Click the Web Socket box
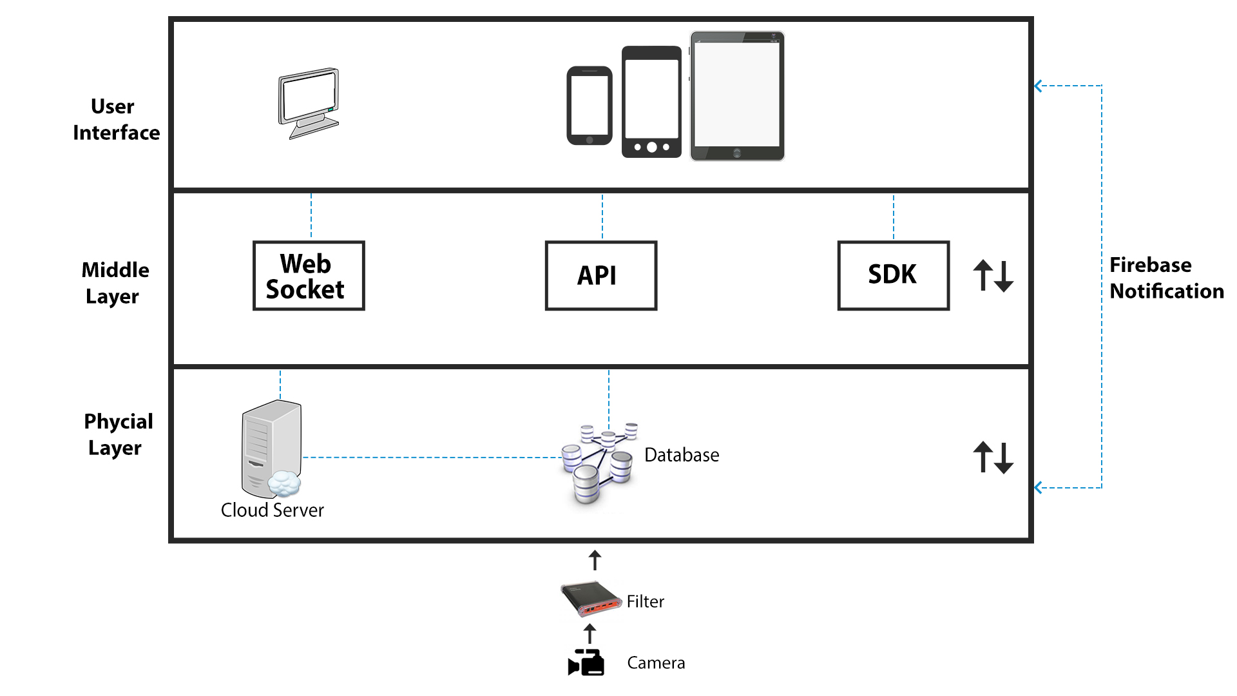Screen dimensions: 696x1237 point(309,276)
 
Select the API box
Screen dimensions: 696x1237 point(600,276)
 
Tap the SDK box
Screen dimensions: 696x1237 point(893,276)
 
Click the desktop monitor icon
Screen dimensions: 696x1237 point(309,103)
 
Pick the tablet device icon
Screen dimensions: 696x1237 point(737,96)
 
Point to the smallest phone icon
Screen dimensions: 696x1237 point(589,106)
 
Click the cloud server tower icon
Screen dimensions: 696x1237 point(271,449)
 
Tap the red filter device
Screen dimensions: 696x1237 point(590,599)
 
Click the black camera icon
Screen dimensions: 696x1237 point(586,662)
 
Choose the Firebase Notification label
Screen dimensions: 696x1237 point(1166,278)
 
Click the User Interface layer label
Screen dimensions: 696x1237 point(116,119)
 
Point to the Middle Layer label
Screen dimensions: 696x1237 point(115,283)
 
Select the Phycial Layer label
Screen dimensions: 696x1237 point(118,434)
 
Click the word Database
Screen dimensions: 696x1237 point(682,455)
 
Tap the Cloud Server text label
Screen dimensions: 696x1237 point(272,510)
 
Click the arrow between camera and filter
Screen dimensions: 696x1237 point(590,633)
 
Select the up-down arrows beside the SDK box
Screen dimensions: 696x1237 point(993,276)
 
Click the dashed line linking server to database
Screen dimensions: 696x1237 point(432,458)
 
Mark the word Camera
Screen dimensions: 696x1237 point(656,663)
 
